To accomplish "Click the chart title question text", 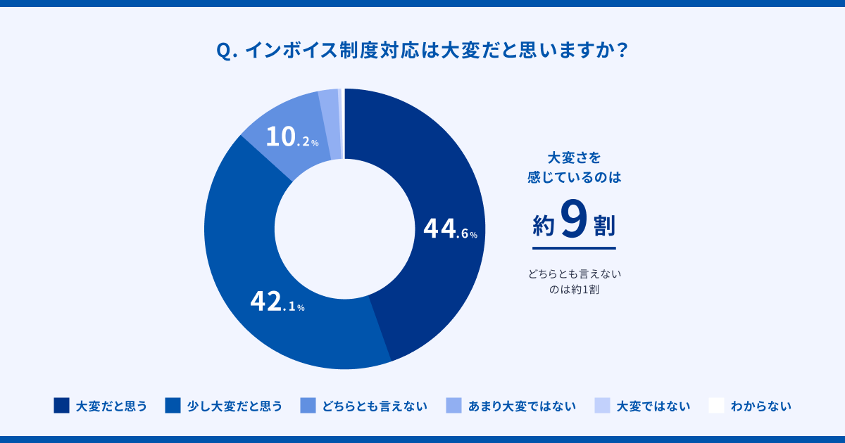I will point(423,51).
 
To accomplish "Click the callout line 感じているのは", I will point(574,178).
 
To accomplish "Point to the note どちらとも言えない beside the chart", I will point(575,274).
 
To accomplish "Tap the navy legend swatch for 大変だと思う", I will point(61,406).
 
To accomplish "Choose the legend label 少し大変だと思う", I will point(234,406).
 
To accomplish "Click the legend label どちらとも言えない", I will point(374,406).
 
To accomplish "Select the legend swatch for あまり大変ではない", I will point(454,406).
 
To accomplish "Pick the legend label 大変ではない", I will point(653,406).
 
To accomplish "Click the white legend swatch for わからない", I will point(716,406).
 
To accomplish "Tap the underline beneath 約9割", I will point(574,248).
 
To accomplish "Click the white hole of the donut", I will point(344,229).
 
